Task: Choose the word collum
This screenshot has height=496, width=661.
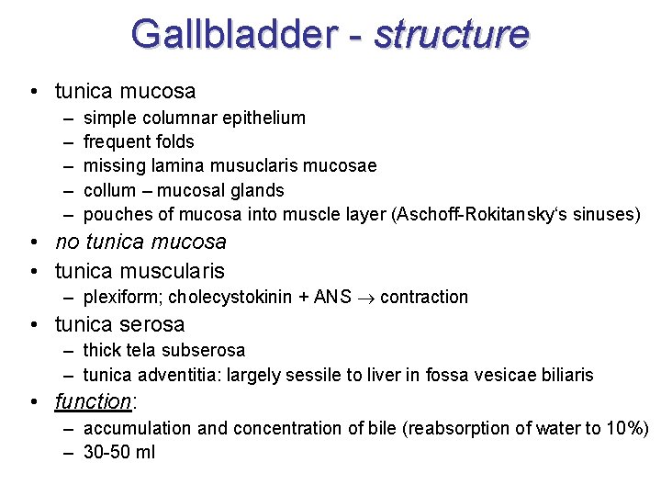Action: [109, 190]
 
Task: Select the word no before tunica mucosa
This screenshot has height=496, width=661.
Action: [67, 242]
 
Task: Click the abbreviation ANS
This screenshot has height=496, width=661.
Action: [331, 297]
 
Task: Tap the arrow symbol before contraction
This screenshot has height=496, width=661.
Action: [365, 298]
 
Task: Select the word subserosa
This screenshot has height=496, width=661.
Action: [205, 350]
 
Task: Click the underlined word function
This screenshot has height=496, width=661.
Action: [93, 401]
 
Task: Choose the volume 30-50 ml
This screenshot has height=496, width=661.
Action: [118, 452]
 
